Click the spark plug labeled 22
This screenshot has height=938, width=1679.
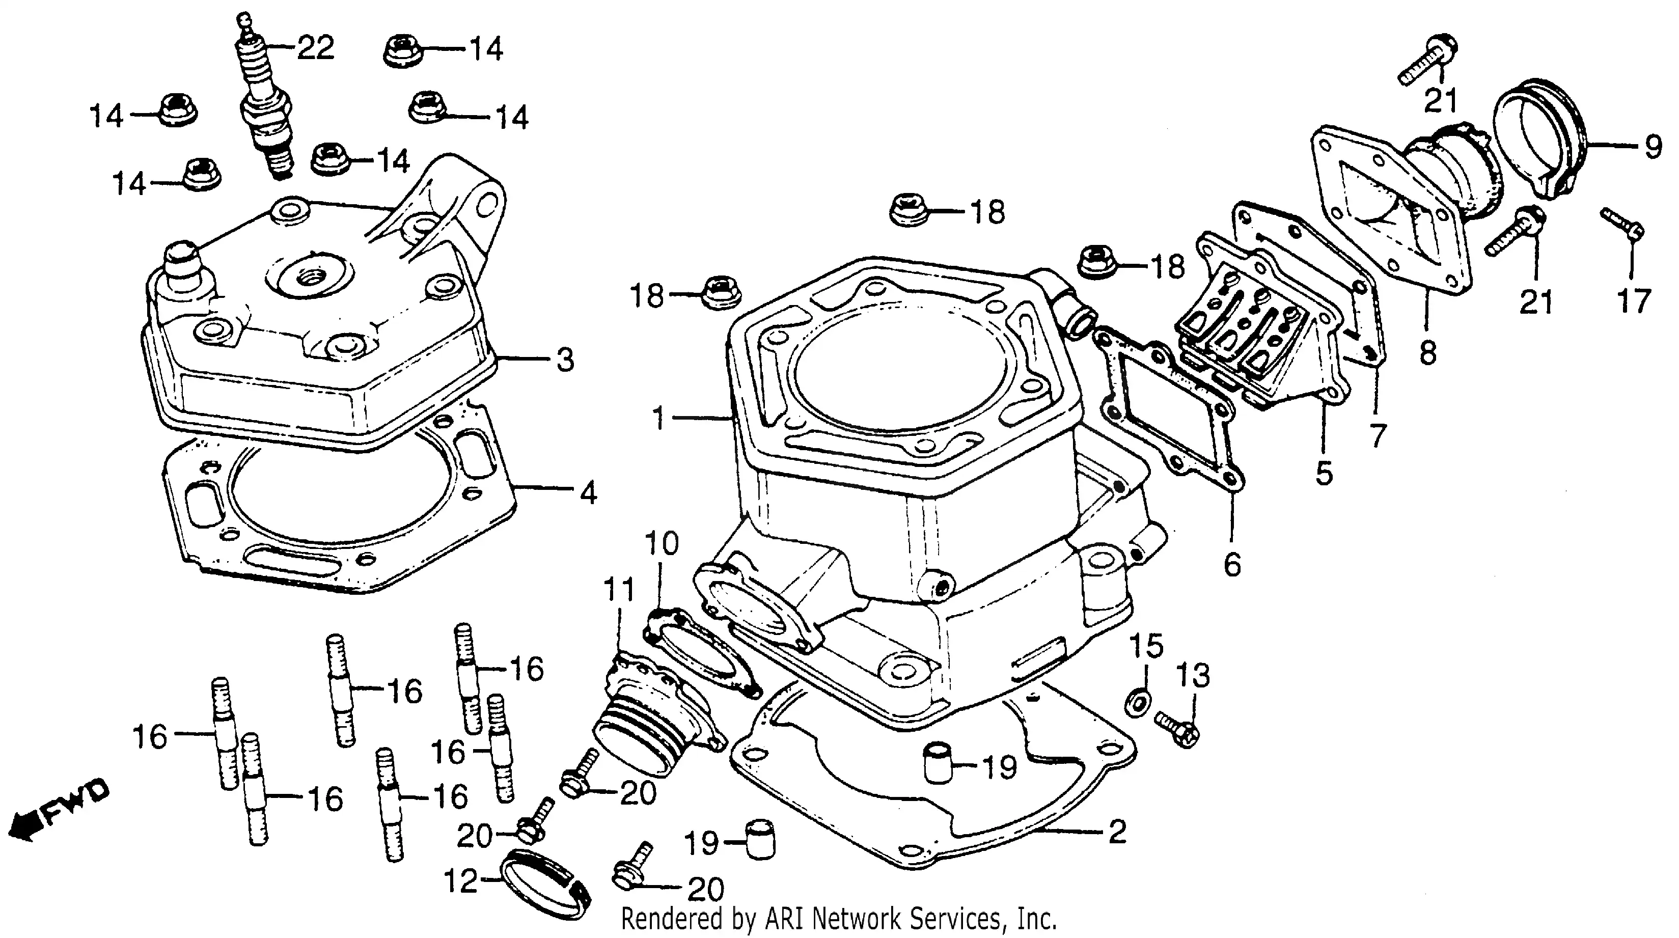coord(268,104)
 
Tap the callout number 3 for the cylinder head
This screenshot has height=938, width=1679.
coord(565,360)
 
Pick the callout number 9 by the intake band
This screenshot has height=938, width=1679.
coord(1653,147)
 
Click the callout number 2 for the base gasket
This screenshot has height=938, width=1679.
coord(1117,832)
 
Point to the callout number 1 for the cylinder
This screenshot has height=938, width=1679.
coord(659,418)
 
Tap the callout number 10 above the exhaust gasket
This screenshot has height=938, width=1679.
coord(662,543)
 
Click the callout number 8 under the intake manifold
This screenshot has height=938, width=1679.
coord(1427,354)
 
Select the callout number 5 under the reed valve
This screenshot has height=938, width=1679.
coord(1324,473)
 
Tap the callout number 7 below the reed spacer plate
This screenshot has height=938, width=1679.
coord(1377,435)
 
